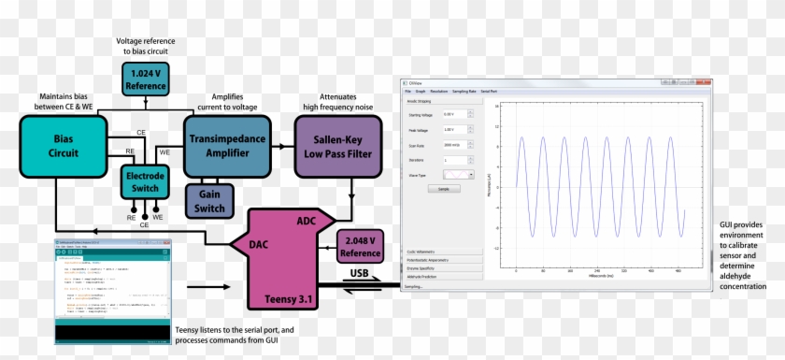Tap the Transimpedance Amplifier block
pos(227,146)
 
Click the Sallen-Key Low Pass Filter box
pos(338,146)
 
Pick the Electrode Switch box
pos(144,181)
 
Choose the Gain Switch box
pos(210,200)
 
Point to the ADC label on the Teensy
pos(306,222)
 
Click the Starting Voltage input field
pos(455,114)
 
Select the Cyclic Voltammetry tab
pos(444,252)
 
